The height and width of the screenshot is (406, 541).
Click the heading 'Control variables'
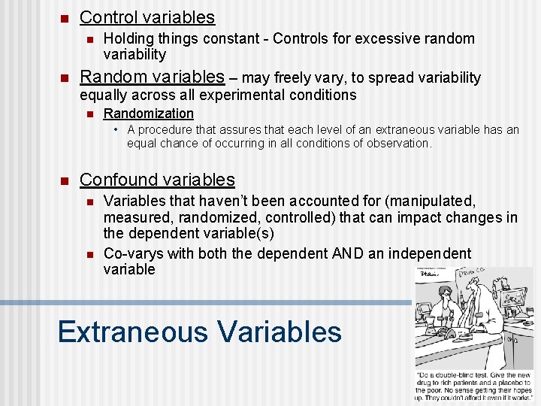click(147, 17)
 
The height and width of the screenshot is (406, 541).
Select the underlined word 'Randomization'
click(148, 114)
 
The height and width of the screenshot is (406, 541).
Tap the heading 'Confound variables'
click(157, 180)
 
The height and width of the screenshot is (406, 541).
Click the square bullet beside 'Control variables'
click(64, 18)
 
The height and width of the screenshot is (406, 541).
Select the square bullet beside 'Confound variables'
click(64, 180)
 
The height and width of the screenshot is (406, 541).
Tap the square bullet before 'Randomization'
click(88, 114)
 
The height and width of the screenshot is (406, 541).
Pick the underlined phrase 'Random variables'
click(152, 77)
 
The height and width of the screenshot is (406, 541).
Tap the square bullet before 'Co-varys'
click(88, 254)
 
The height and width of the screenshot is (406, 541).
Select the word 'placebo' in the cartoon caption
click(502, 383)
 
